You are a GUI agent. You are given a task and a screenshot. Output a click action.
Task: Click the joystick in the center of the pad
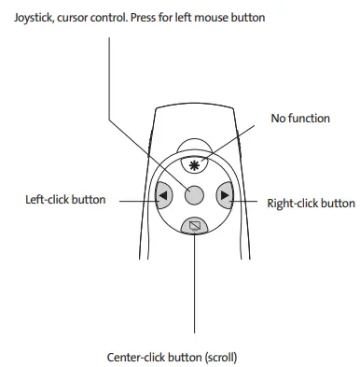(194, 195)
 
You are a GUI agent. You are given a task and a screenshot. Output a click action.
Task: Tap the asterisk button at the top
(194, 165)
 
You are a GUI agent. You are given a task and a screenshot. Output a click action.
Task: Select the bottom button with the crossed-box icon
(194, 225)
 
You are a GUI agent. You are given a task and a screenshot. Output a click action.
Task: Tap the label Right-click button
(311, 202)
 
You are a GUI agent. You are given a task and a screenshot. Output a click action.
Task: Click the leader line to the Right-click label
(246, 198)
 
